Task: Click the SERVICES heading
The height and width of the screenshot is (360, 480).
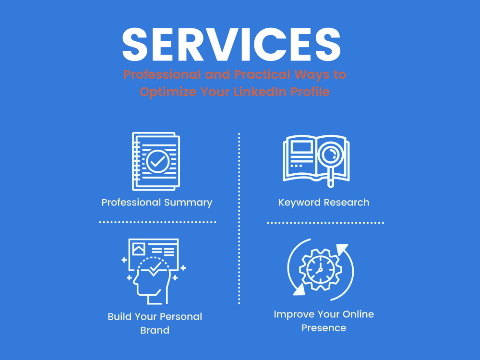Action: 231,44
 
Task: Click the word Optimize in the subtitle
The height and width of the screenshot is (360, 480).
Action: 168,92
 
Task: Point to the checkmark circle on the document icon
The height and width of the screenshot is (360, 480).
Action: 157,161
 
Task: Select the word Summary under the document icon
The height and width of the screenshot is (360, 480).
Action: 188,203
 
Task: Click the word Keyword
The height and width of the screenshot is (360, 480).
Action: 300,203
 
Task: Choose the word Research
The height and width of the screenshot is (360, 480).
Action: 347,203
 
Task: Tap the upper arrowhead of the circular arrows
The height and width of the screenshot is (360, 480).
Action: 342,249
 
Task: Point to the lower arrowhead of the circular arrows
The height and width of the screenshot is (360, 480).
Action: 299,289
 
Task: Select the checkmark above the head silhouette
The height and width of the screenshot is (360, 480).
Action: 156,266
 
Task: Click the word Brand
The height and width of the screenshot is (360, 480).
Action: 155,330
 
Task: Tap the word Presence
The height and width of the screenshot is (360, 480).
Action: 324,328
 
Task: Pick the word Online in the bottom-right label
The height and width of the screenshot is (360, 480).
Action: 358,314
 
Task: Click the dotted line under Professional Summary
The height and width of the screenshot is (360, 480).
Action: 157,222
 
